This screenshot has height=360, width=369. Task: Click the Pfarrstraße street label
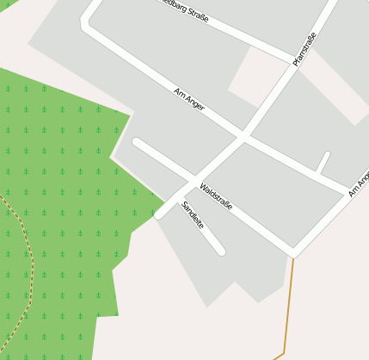click(x=305, y=49)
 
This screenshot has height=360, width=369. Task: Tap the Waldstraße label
click(x=216, y=196)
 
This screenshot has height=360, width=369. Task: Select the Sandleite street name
click(x=193, y=214)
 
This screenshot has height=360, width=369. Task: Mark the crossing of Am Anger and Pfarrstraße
click(x=243, y=137)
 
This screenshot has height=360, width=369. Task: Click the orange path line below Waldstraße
click(x=290, y=301)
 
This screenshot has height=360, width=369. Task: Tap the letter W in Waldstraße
click(x=203, y=185)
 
